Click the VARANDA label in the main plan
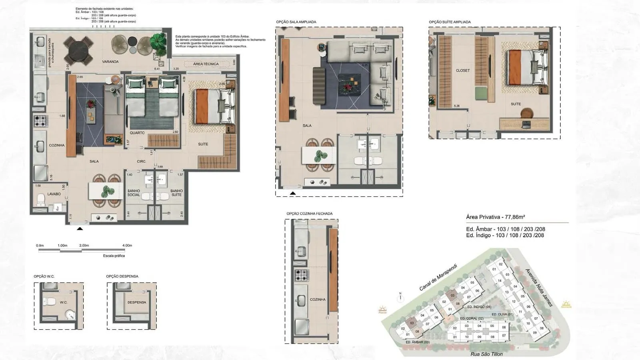click(x=110, y=62)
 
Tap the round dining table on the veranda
click(x=78, y=50)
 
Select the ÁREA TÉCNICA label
click(x=206, y=64)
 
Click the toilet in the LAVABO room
click(x=42, y=199)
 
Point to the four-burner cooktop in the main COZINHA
click(x=40, y=120)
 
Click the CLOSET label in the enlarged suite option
click(x=463, y=70)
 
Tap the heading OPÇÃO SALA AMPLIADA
click(x=296, y=22)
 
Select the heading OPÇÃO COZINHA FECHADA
click(x=309, y=214)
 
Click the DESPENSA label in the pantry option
click(x=137, y=302)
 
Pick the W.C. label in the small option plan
click(x=64, y=302)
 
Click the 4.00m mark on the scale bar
click(x=127, y=246)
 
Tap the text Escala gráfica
click(x=114, y=256)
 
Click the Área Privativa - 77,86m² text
click(x=495, y=217)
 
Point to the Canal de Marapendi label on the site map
click(x=438, y=277)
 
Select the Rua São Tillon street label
click(x=486, y=354)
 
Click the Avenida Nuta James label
click(x=539, y=287)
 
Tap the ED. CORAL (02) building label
click(x=472, y=319)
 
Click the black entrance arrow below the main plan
click(x=80, y=228)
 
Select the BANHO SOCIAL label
click(x=134, y=193)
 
